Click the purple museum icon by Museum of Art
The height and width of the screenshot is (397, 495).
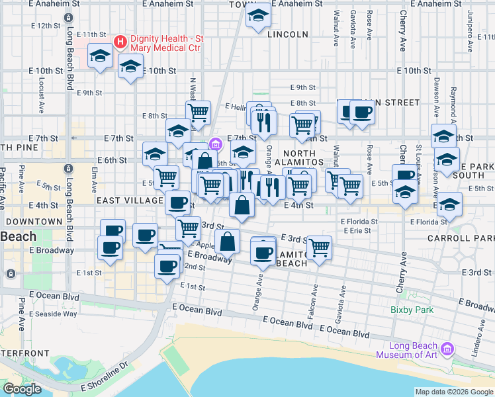[x=447, y=349]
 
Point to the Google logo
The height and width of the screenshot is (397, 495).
[x=22, y=389]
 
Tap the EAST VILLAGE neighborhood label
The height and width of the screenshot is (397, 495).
[x=129, y=200]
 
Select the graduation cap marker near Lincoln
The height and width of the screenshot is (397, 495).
[x=257, y=17]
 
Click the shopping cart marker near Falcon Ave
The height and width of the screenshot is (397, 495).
[x=320, y=247]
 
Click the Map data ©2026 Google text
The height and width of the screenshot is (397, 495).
[x=454, y=392]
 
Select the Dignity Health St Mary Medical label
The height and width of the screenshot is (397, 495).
[x=167, y=43]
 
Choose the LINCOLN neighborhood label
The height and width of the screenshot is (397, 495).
[x=289, y=34]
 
